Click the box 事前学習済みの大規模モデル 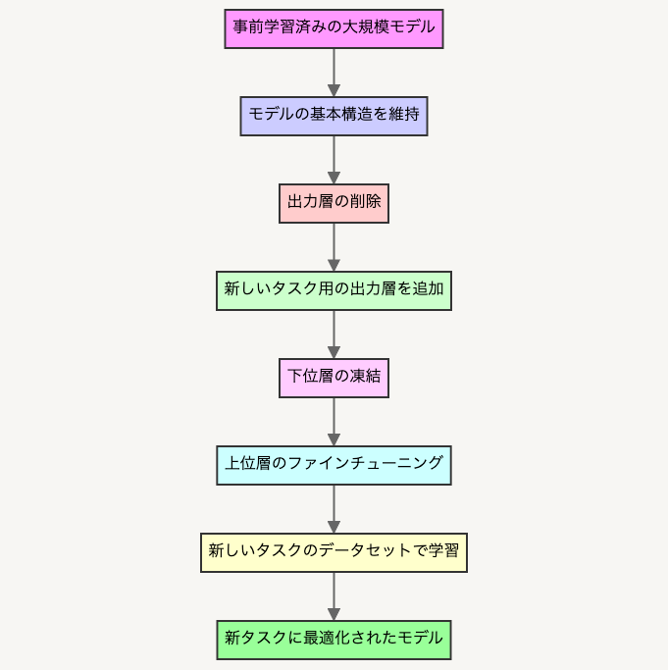click(x=334, y=28)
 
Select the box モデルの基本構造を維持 click(x=334, y=116)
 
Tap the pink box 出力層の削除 click(x=334, y=203)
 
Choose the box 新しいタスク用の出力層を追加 click(x=334, y=290)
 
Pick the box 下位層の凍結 click(x=334, y=378)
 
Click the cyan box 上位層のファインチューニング click(x=334, y=465)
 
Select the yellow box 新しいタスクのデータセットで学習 click(x=334, y=552)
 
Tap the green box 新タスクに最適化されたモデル click(x=334, y=641)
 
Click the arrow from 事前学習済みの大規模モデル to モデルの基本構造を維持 click(x=334, y=73)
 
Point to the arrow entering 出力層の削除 click(x=334, y=160)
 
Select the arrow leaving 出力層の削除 click(x=334, y=247)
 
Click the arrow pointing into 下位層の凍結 click(x=334, y=335)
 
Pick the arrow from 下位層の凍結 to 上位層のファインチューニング click(x=334, y=422)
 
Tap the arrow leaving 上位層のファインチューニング click(x=334, y=509)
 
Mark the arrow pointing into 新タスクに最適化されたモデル click(x=334, y=596)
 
